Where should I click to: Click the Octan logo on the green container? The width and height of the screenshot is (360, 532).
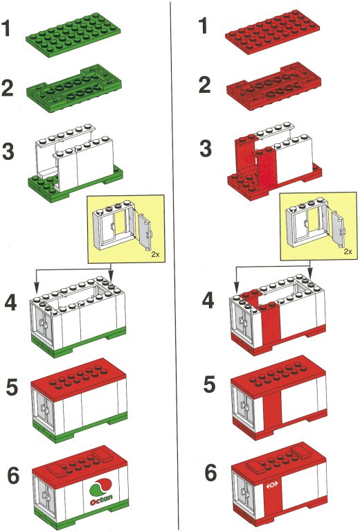100,492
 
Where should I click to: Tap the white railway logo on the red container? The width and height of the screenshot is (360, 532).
272,486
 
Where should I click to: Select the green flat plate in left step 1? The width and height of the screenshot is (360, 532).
73,35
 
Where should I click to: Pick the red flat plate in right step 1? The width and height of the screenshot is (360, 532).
272,33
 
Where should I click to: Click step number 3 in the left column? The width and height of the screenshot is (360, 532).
8,151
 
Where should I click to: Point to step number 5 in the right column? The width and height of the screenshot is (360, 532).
210,384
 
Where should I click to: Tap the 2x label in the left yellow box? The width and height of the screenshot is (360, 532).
155,254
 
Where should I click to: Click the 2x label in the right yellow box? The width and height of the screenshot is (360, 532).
348,251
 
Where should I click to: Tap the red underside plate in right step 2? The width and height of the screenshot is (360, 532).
273,86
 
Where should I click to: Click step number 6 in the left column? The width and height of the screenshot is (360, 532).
14,475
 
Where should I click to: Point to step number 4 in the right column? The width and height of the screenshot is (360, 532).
208,301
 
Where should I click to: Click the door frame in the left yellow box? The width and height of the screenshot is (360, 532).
114,227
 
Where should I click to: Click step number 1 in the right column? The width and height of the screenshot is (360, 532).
204,26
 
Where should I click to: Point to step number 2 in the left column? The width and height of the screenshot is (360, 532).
8,87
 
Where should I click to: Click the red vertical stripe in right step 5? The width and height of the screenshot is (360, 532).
272,407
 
